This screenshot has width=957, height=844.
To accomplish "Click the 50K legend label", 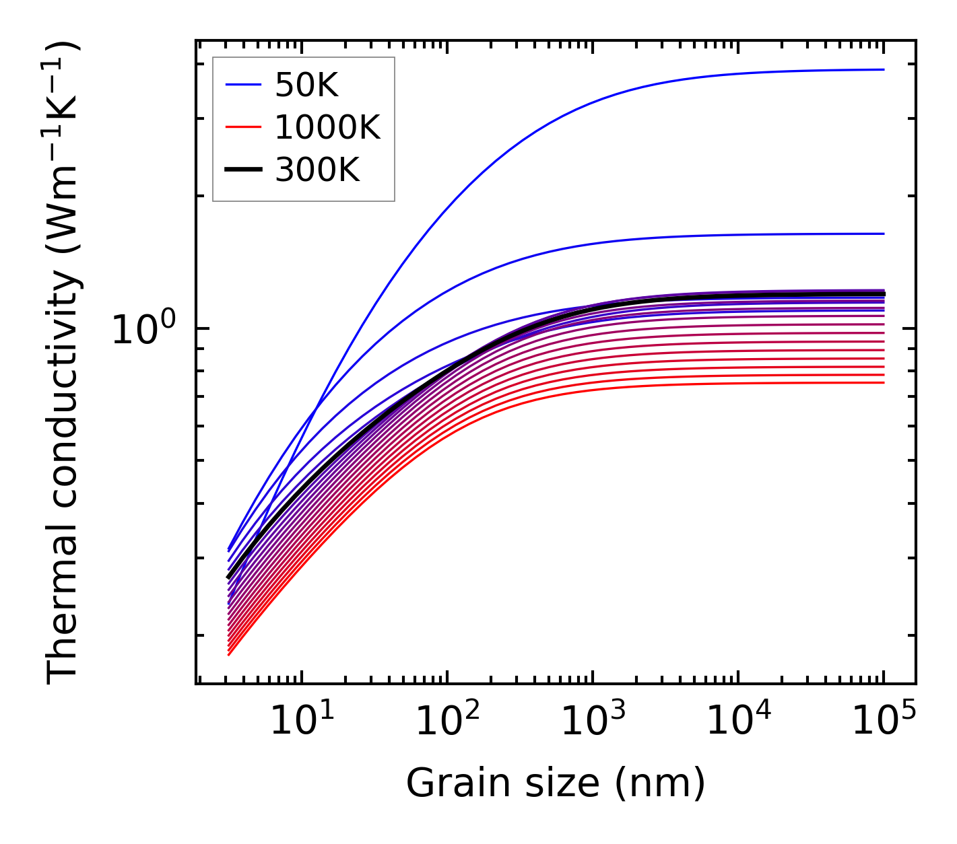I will coord(306,85).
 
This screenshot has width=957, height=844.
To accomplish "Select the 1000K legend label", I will coord(327,127).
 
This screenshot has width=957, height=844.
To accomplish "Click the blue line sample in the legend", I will coord(242,85).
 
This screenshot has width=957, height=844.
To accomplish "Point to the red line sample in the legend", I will coord(242,127).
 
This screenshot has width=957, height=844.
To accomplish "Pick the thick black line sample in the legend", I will coord(242,170).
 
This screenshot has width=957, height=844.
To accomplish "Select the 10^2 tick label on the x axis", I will coord(447,722).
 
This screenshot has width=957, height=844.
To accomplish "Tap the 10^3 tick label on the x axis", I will coord(593,722).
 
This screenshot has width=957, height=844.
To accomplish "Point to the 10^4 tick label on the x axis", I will coord(738,722).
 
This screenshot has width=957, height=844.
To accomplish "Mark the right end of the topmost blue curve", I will coord(883,69).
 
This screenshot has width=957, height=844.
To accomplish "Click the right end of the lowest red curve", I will coord(883,383).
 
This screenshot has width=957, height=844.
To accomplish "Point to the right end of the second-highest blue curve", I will coord(883,234).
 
